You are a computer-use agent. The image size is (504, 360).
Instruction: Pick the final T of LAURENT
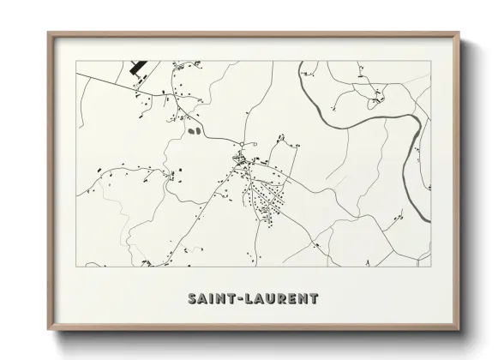click(313, 299)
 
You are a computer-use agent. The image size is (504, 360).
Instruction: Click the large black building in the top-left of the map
click(136, 68)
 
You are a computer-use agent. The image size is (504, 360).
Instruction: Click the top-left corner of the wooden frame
click(49, 33)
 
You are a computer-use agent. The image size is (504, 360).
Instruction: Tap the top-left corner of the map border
click(77, 61)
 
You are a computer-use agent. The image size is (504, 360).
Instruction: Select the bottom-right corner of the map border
click(431, 267)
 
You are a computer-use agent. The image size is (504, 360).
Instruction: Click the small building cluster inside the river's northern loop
click(374, 98)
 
